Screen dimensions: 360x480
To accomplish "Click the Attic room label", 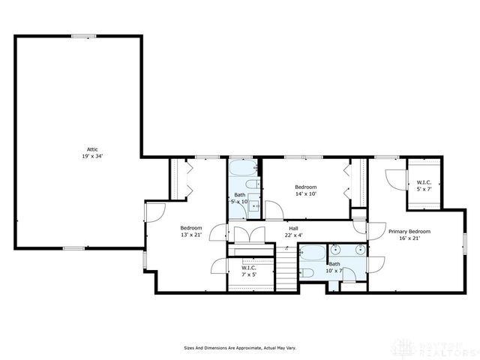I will (x=91, y=149).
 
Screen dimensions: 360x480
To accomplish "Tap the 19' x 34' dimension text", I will (x=91, y=157).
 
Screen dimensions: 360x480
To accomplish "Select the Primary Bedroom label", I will (x=409, y=232).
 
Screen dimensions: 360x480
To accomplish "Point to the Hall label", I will (x=295, y=228).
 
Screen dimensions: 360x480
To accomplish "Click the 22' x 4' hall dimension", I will (x=295, y=235).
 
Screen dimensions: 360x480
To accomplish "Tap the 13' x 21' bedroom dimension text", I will (x=191, y=235).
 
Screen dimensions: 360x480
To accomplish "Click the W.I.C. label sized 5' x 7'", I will (x=424, y=183).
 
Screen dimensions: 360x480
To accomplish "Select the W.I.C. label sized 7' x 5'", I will (x=249, y=268).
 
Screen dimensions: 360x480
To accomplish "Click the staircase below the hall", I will (x=286, y=270).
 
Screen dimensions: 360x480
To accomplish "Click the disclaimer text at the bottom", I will (x=240, y=348).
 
